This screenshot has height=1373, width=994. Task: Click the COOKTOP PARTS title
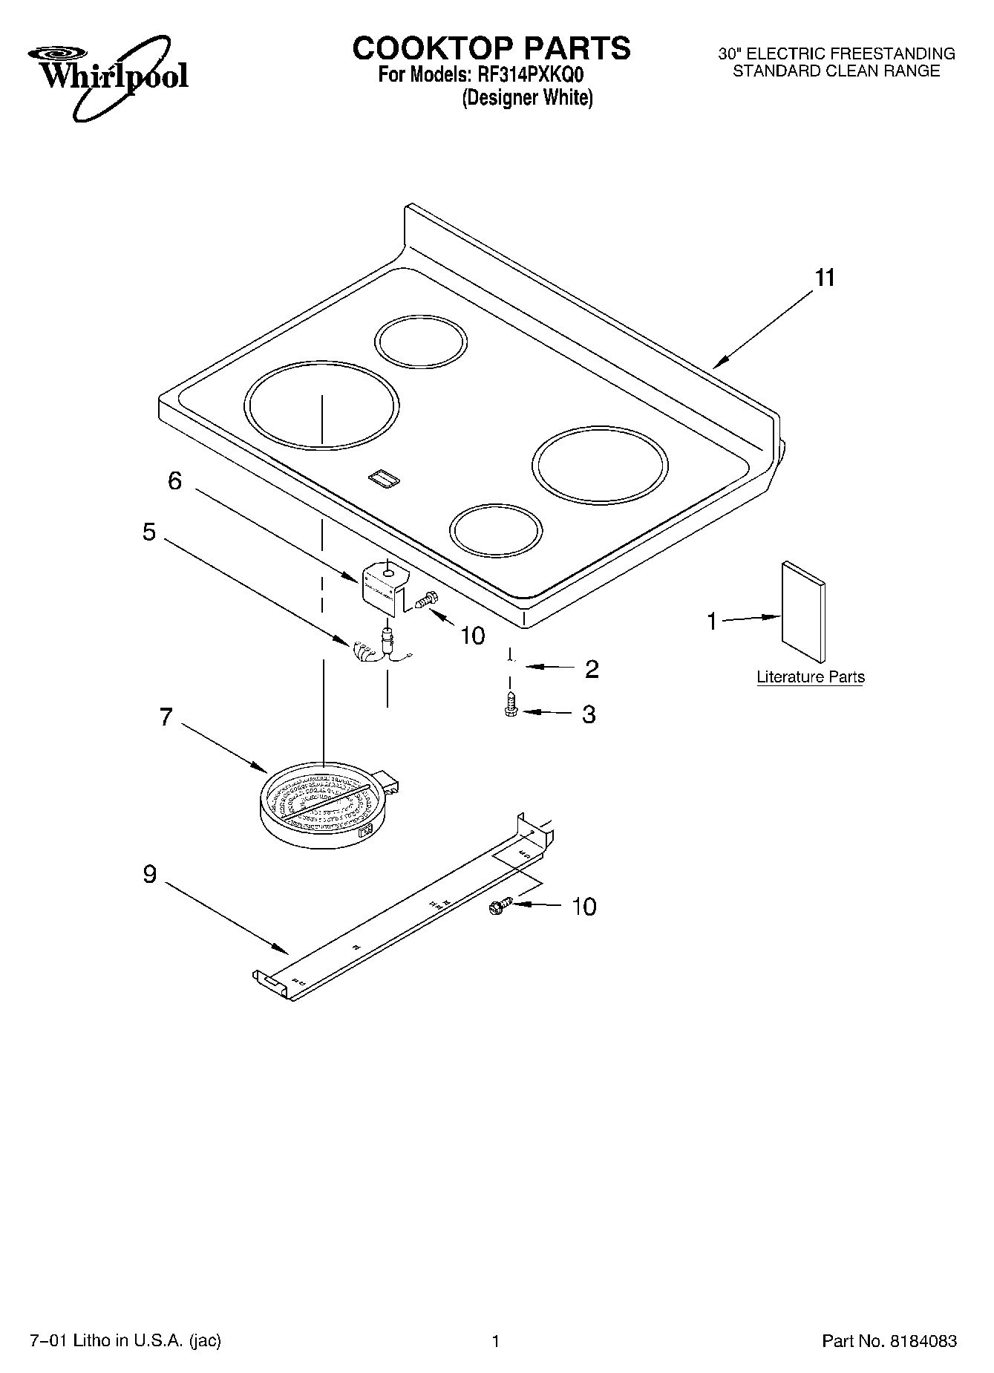tap(491, 48)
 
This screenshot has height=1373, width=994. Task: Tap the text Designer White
tap(527, 98)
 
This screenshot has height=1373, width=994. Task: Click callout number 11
tap(825, 278)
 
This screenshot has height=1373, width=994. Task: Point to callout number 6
tap(174, 481)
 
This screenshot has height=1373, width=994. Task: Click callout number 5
tap(149, 532)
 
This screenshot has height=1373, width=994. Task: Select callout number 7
tap(166, 717)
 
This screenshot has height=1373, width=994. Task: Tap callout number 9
tap(149, 875)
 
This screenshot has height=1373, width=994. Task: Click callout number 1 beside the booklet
tap(712, 621)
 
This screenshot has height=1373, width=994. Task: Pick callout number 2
tap(592, 669)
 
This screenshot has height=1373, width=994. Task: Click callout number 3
tap(589, 714)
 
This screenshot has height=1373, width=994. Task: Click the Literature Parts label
tap(810, 677)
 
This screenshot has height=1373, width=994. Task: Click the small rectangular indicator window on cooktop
tap(385, 479)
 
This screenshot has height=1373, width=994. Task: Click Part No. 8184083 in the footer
tap(889, 1341)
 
